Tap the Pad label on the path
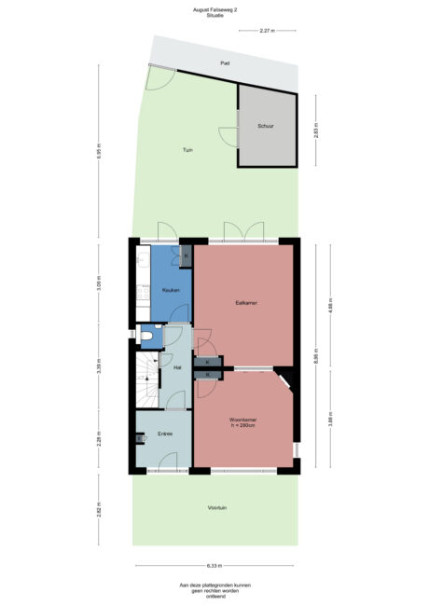[224, 62]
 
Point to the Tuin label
[187, 149]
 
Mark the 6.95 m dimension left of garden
[99, 153]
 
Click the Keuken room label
[171, 290]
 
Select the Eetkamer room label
[246, 301]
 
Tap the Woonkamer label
[243, 421]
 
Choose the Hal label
[176, 367]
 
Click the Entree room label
[165, 434]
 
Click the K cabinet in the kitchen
[186, 255]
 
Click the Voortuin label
[217, 509]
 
